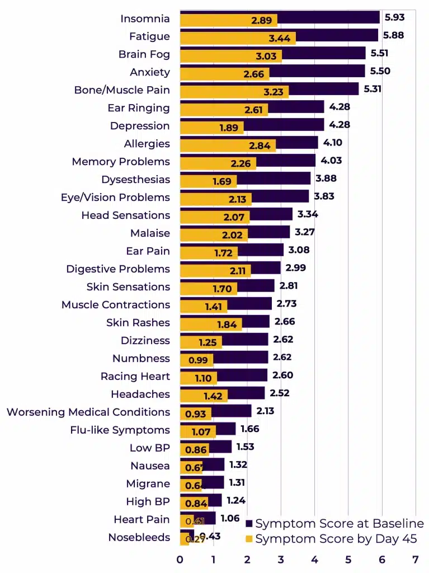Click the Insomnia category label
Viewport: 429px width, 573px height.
(x=145, y=19)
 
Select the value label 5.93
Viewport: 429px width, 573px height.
(x=394, y=17)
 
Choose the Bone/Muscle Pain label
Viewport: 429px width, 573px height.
(x=122, y=90)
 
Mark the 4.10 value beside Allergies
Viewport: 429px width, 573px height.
(x=332, y=143)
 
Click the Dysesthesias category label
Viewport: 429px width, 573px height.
(x=135, y=180)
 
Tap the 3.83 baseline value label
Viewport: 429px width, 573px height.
(x=324, y=196)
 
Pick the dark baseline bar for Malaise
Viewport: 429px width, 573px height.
(x=268, y=231)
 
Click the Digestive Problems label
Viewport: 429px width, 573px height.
(x=118, y=269)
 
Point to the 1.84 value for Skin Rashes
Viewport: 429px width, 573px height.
(x=228, y=325)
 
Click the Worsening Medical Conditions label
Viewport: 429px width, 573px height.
(x=88, y=412)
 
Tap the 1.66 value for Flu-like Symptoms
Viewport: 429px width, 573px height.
(x=251, y=429)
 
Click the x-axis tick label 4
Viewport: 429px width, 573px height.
(x=314, y=560)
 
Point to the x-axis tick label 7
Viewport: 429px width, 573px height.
(x=415, y=560)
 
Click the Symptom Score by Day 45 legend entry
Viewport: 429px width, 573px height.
(x=331, y=539)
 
